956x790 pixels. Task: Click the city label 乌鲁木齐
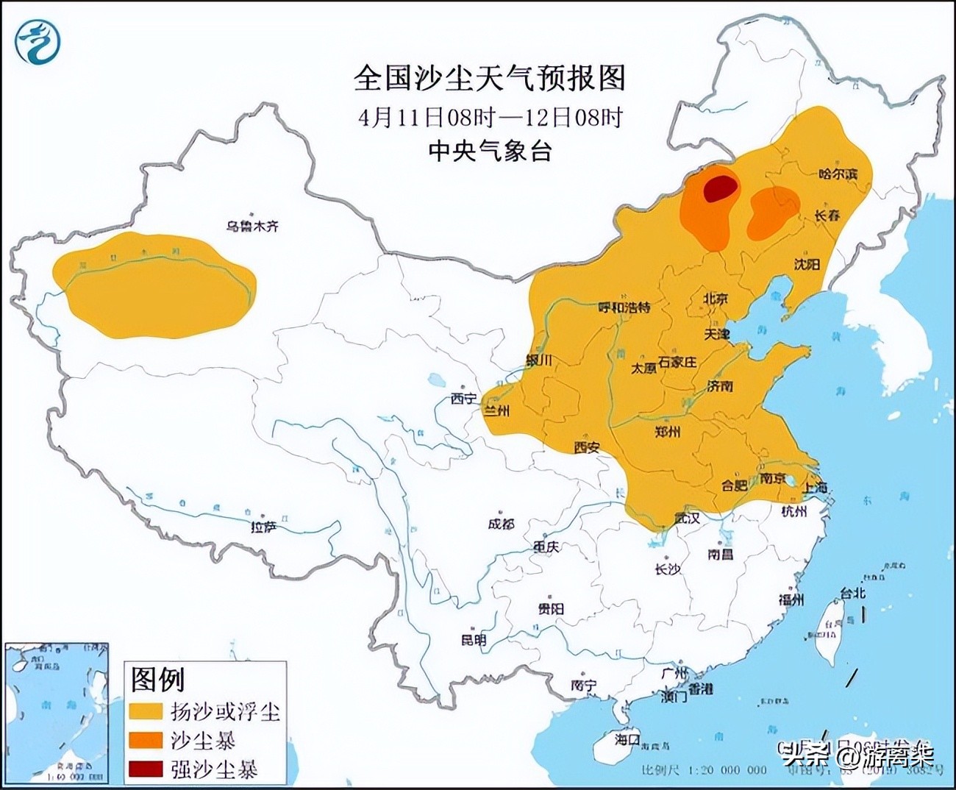pyautogui.click(x=252, y=227)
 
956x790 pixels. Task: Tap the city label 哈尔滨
pyautogui.click(x=838, y=174)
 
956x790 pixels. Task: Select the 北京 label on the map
pyautogui.click(x=715, y=299)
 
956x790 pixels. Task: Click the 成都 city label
pyautogui.click(x=501, y=524)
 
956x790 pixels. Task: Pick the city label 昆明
pyautogui.click(x=474, y=640)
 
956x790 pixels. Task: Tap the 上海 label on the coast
pyautogui.click(x=814, y=487)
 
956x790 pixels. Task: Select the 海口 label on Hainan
pyautogui.click(x=627, y=739)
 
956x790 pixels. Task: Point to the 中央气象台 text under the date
pyautogui.click(x=490, y=151)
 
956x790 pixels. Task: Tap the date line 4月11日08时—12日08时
pyautogui.click(x=491, y=117)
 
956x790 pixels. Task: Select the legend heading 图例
pyautogui.click(x=157, y=679)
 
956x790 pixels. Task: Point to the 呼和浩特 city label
pyautogui.click(x=624, y=307)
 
